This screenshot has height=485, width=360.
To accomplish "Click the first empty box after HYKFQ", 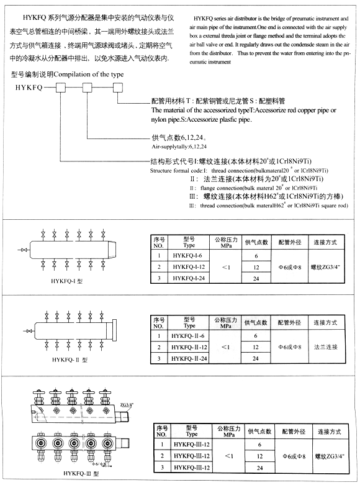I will (62, 88).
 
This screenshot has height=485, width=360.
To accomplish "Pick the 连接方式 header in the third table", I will (329, 432).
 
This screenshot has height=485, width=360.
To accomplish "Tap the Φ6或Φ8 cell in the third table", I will (290, 455).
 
